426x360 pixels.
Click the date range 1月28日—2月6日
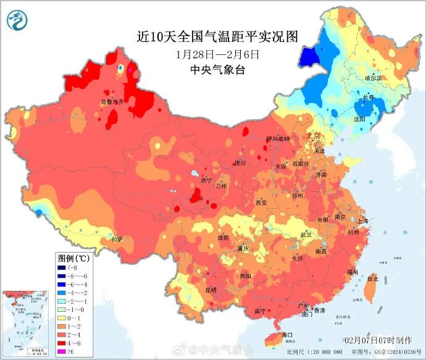(217, 54)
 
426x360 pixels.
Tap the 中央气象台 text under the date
(217, 70)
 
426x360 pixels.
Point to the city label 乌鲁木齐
(113, 102)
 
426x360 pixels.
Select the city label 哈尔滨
(373, 78)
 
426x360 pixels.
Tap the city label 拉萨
(117, 238)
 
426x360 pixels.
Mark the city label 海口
(286, 334)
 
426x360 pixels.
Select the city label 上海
(362, 220)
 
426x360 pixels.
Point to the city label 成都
(223, 237)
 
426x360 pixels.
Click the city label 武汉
(306, 235)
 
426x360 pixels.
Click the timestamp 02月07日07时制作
(378, 340)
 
